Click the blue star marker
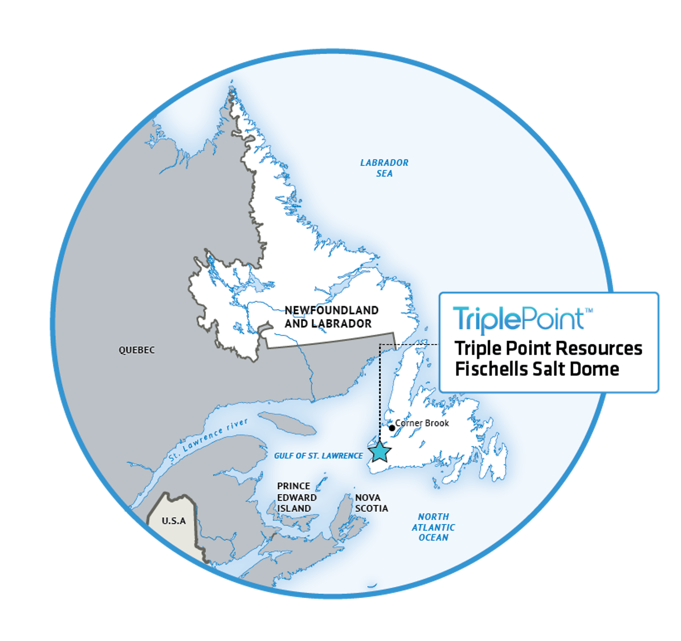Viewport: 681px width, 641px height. coord(380,452)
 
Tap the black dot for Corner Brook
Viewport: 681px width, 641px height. coord(392,428)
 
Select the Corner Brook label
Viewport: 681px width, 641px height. coord(422,423)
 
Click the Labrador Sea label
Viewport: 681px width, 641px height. coord(384,168)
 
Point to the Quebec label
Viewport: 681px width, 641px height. coord(137,350)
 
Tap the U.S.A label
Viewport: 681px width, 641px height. coord(174,521)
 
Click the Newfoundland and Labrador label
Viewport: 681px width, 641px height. coord(331,317)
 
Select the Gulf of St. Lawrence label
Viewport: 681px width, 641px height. coord(318,456)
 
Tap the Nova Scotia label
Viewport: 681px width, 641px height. coord(371,503)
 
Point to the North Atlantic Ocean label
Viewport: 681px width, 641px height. coord(433,527)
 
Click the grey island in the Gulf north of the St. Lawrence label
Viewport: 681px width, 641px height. coord(287,423)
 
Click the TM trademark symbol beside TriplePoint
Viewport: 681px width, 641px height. coord(589,310)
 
